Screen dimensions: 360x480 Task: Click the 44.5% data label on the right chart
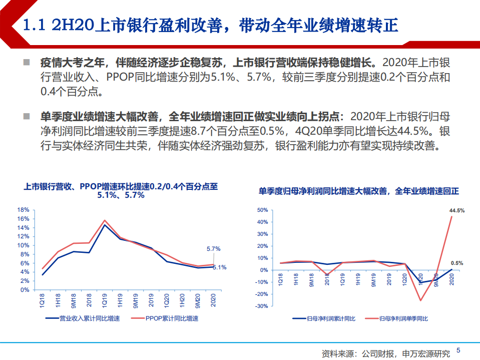tap(456, 211)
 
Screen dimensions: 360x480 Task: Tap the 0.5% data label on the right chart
tap(456, 263)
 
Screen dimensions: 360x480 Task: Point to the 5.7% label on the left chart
tap(213, 249)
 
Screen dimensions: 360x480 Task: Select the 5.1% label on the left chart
tap(219, 267)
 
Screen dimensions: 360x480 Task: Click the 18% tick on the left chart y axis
tap(23, 210)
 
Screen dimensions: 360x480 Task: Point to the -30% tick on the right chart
tap(262, 306)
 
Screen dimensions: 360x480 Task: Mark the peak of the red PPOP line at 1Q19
tap(105, 220)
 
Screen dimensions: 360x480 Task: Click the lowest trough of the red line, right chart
tap(420, 300)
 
